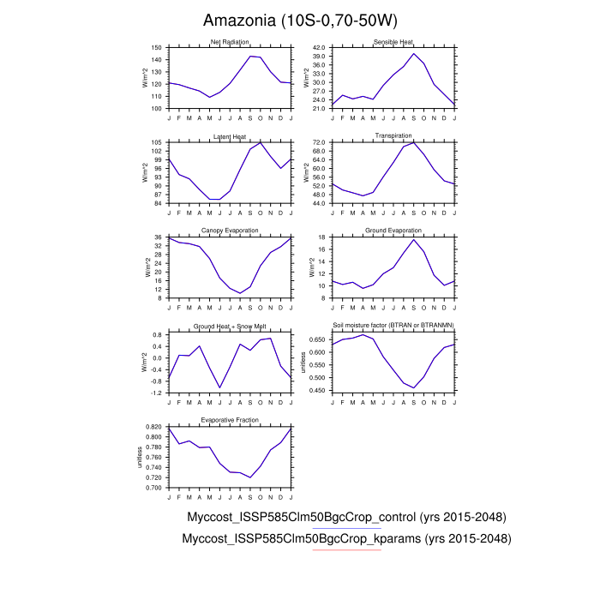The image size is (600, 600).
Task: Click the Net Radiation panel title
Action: click(x=229, y=43)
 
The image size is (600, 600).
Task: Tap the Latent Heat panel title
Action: click(x=229, y=136)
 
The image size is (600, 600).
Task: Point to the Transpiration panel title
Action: click(x=393, y=136)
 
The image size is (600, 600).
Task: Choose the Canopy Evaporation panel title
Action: click(x=229, y=231)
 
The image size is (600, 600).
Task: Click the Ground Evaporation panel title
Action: click(x=393, y=231)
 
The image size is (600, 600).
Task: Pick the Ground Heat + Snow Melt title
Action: click(x=229, y=326)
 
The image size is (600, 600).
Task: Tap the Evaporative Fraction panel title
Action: click(x=229, y=420)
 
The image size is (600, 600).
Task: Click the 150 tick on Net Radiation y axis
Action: click(x=156, y=48)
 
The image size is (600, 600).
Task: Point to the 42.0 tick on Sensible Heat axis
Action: click(x=319, y=48)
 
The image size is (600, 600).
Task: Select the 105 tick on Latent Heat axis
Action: click(x=156, y=142)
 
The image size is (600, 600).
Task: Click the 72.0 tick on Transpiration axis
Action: click(x=319, y=142)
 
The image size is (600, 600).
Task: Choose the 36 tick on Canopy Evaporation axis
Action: click(x=158, y=237)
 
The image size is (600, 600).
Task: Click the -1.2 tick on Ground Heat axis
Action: click(x=156, y=393)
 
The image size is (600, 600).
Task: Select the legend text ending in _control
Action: click(x=346, y=518)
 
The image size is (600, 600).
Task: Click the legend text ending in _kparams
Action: click(x=347, y=539)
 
